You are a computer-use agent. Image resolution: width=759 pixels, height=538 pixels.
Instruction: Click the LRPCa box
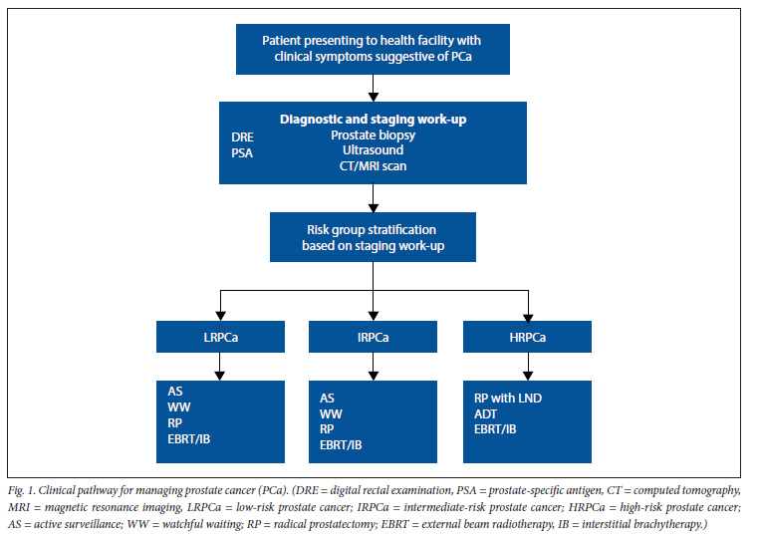(x=220, y=337)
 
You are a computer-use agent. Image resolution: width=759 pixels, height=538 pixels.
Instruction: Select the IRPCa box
(x=373, y=337)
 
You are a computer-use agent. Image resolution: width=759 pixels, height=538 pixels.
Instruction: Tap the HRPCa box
(x=527, y=337)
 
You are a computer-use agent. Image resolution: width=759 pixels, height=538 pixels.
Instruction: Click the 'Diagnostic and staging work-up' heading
(x=373, y=120)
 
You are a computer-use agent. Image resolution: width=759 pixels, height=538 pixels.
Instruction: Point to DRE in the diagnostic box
(x=242, y=137)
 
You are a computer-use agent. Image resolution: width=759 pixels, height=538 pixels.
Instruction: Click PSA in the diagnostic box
(x=242, y=153)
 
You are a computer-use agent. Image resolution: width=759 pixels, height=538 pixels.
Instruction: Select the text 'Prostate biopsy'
(x=373, y=135)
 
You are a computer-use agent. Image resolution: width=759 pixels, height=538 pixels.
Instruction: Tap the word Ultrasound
(x=373, y=150)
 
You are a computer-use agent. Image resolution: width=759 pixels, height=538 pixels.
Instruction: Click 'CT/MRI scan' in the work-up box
(x=373, y=166)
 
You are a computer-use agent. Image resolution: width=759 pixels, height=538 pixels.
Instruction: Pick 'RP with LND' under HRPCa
(x=508, y=399)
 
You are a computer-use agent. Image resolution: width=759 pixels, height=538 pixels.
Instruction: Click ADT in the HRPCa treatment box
(x=485, y=414)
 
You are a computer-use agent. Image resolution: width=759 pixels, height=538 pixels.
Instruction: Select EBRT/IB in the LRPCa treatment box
(x=189, y=439)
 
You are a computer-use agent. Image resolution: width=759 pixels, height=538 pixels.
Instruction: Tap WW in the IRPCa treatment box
(x=331, y=414)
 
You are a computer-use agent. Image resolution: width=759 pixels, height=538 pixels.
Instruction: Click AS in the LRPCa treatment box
(x=174, y=392)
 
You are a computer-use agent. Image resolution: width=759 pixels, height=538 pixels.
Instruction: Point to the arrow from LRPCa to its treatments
(x=220, y=367)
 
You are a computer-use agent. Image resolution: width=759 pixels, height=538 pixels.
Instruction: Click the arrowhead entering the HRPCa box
(x=528, y=317)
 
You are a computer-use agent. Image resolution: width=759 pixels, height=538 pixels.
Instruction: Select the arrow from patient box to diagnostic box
(x=373, y=88)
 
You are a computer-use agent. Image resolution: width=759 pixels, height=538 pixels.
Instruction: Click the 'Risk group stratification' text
(x=372, y=229)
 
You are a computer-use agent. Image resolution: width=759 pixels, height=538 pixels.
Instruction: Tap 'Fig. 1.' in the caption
(x=22, y=490)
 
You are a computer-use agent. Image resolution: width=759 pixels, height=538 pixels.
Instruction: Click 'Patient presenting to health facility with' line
(x=372, y=41)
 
